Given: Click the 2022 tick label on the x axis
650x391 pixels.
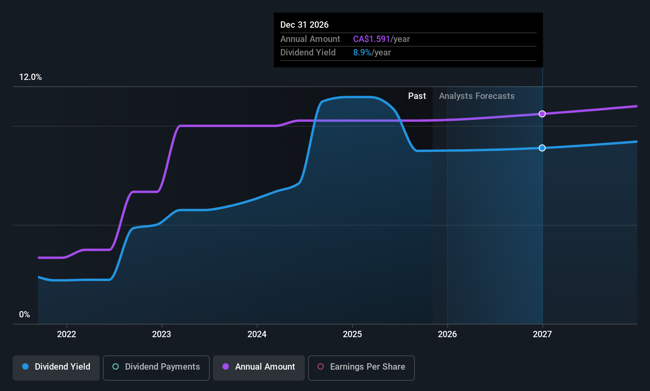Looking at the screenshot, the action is coord(67,334).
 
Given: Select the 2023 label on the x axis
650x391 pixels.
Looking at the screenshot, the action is coord(162,334).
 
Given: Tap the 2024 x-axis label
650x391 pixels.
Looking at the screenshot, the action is coord(257,334).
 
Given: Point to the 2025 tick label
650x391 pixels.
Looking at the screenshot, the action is coord(352,334).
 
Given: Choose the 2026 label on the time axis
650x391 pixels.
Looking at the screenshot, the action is coord(447,334).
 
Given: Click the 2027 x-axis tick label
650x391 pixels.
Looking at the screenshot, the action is coord(542,334).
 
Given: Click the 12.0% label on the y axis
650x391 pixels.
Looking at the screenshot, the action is coord(30,77).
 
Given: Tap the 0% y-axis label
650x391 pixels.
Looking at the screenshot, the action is coord(25,315).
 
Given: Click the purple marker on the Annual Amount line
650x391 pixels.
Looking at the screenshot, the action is coord(542,114).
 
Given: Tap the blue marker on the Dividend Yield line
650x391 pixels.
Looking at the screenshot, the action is coord(542,148).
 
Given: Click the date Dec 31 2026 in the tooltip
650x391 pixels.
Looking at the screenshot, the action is coord(304,25).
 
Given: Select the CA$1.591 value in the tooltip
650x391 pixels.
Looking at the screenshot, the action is coord(371,39).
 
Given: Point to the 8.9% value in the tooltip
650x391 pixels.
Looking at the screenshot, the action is coord(362,53).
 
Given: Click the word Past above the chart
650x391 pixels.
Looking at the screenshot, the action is coord(417,96).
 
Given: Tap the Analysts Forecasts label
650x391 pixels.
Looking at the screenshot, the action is coord(477,96).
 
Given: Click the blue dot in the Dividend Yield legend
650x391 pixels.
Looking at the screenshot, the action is coord(26,366).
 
